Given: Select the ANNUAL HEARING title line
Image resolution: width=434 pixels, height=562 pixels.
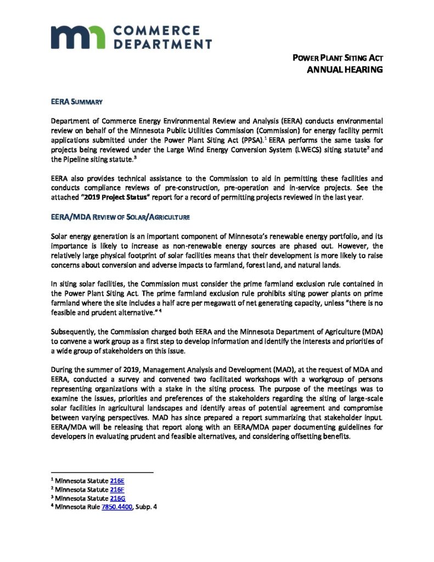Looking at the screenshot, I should tap(344, 70).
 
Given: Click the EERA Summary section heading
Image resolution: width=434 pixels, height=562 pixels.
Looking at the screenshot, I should tap(74, 102).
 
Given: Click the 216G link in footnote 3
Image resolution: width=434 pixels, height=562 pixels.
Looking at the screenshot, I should tap(118, 498).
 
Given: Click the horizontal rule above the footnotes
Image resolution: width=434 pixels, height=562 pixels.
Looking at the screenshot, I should tap(102, 473).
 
